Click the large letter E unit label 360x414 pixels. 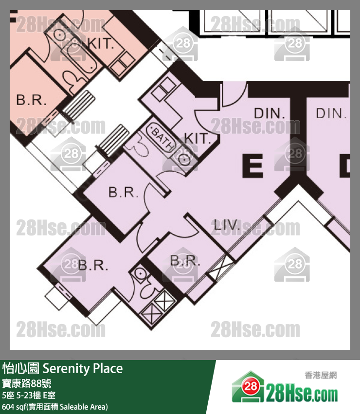pyautogui.click(x=252, y=165)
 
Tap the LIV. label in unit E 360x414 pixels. pyautogui.click(x=226, y=225)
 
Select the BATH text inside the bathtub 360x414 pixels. pyautogui.click(x=162, y=138)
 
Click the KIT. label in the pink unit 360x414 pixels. pyautogui.click(x=101, y=43)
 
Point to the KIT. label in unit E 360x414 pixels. pyautogui.click(x=197, y=138)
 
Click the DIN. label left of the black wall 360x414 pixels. pyautogui.click(x=269, y=113)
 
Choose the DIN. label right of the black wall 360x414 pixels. pyautogui.click(x=331, y=113)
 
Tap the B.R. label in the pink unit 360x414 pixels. pyautogui.click(x=31, y=100)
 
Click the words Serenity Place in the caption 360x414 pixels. pyautogui.click(x=83, y=368)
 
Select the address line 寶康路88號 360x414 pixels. pyautogui.click(x=27, y=383)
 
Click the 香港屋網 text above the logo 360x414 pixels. pyautogui.click(x=321, y=375)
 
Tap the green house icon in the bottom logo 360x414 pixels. pyautogui.click(x=248, y=387)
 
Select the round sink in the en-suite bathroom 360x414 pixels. pyautogui.click(x=139, y=273)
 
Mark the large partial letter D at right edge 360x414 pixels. pyautogui.click(x=345, y=166)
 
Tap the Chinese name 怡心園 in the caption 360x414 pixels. pyautogui.click(x=21, y=368)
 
